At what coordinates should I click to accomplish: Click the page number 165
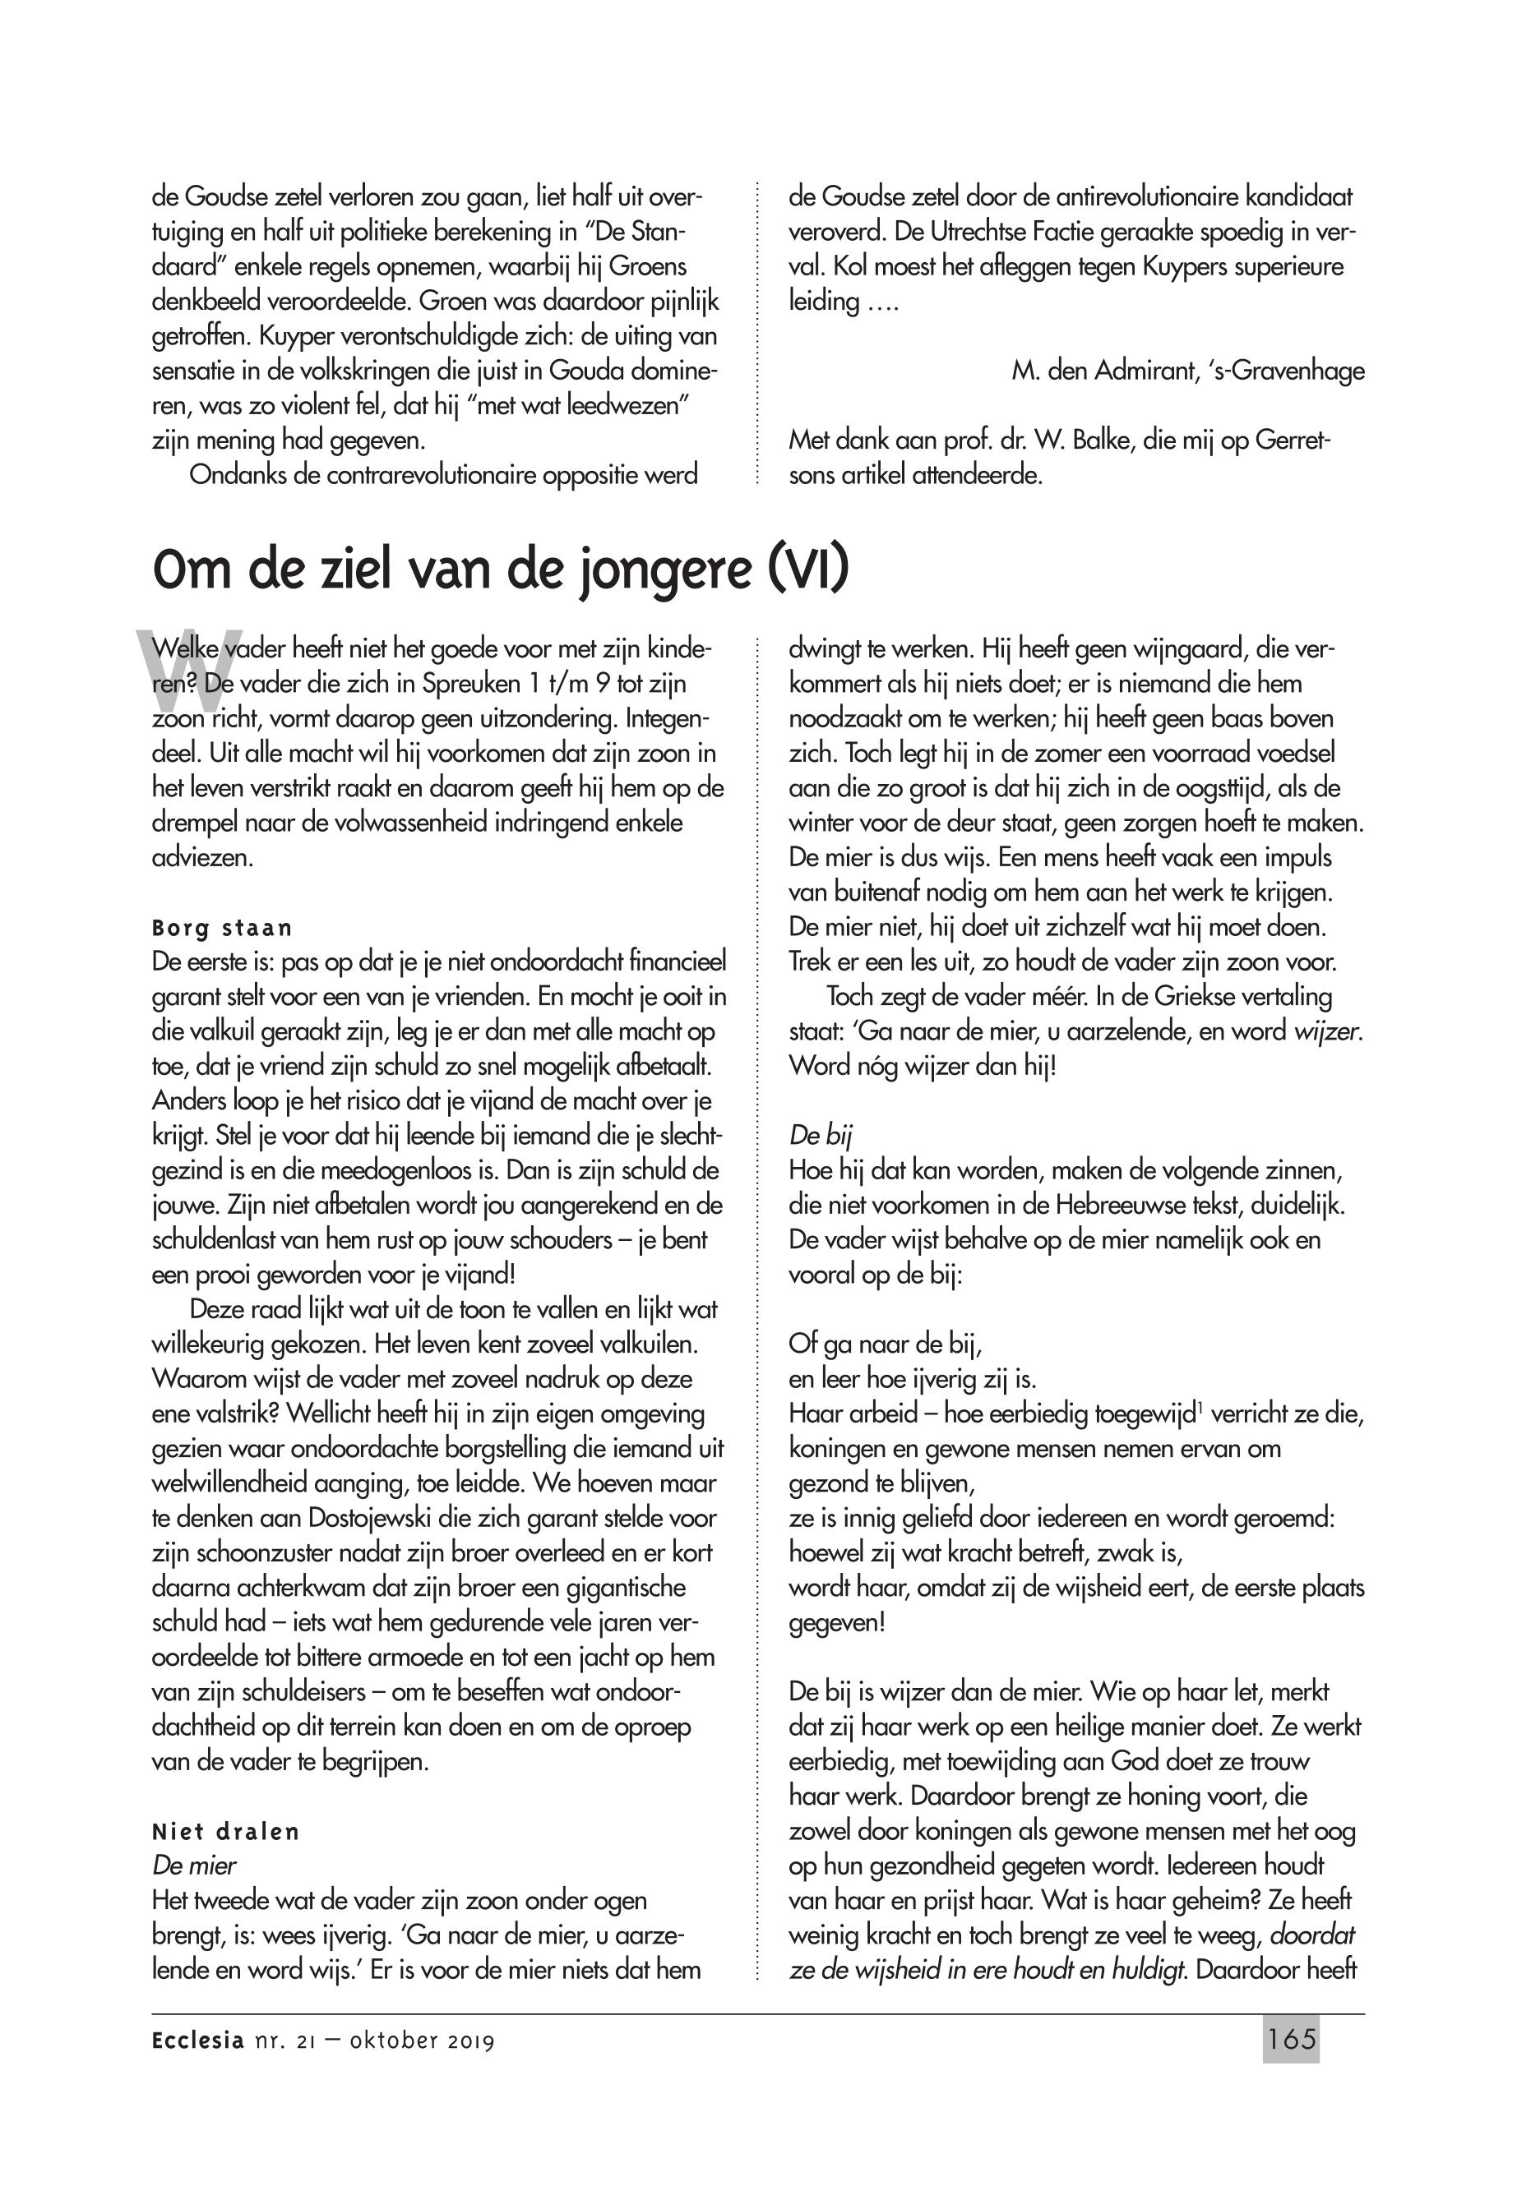click(x=1291, y=2040)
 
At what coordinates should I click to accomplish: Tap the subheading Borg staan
click(x=223, y=927)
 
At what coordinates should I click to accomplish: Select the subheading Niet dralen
click(x=225, y=1831)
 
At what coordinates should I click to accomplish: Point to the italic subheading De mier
click(x=194, y=1865)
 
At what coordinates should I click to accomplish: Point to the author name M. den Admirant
click(x=1097, y=371)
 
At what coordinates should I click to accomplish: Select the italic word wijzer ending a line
click(x=1328, y=1031)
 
